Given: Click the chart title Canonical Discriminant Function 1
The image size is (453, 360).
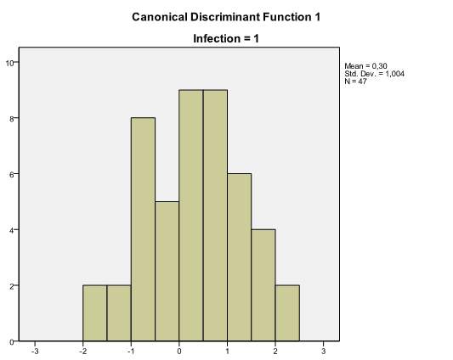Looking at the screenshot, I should (226, 16).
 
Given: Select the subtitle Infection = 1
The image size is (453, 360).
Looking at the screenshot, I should (226, 38).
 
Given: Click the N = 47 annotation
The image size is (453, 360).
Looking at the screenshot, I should (355, 82).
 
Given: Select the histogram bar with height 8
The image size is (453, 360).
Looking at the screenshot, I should (143, 229).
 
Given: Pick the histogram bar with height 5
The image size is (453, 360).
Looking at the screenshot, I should (167, 271).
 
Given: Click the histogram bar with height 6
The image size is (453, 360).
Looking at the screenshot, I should (239, 257).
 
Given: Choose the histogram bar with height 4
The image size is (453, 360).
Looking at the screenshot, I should (263, 285).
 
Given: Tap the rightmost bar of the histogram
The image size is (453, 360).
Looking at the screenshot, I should (287, 313).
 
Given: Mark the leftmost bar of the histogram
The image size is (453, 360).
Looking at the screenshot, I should (94, 313).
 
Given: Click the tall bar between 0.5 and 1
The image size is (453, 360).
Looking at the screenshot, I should (215, 216).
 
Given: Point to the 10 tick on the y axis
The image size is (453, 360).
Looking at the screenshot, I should (10, 63).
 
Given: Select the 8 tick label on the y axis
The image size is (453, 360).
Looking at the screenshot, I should (12, 119).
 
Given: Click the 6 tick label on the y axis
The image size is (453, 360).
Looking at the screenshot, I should (12, 174).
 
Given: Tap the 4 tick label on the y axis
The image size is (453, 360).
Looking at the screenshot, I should (12, 230).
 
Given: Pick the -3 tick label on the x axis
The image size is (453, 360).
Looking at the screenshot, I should (35, 350).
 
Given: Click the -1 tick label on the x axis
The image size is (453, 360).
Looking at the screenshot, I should (130, 350).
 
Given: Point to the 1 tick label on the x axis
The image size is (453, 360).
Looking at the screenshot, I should (228, 350).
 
